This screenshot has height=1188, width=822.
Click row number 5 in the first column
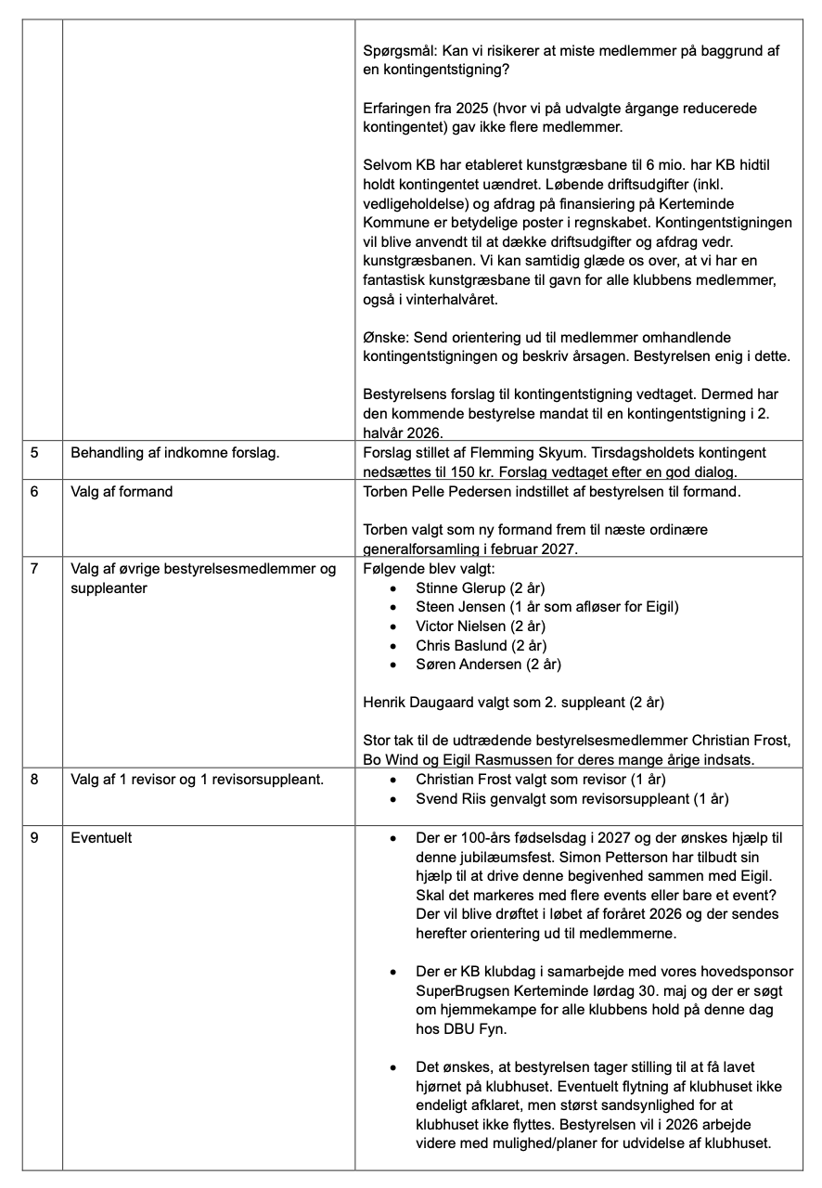click(x=34, y=453)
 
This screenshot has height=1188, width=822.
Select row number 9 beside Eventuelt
click(x=34, y=837)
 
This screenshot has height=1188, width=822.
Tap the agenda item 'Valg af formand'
click(x=122, y=491)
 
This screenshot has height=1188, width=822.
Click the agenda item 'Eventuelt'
click(x=101, y=837)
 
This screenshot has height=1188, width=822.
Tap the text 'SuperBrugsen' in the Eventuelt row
click(x=460, y=991)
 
